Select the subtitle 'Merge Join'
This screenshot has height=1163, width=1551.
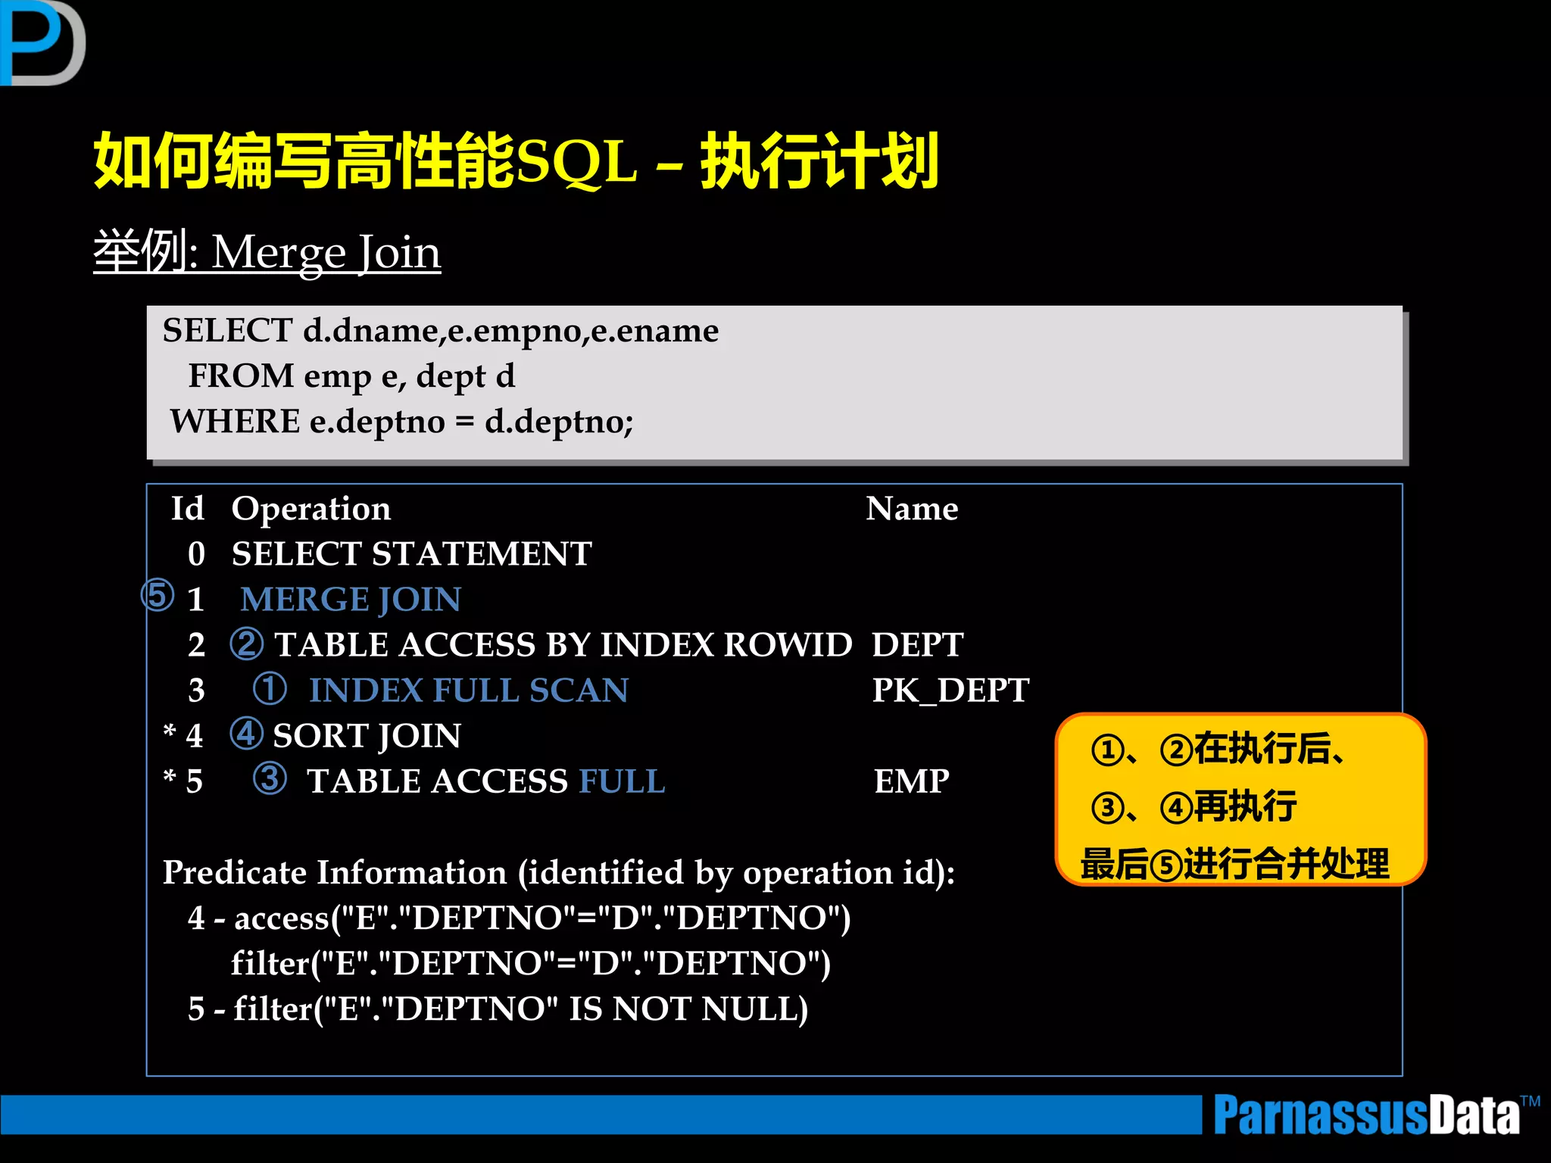[326, 252]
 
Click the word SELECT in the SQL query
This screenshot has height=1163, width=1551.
[227, 331]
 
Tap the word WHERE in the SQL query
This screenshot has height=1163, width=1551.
[235, 422]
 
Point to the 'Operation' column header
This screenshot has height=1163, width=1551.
[311, 509]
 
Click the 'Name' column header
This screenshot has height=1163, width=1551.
[912, 509]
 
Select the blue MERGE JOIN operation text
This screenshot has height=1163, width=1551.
[351, 600]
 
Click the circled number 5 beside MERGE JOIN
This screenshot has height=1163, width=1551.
[158, 595]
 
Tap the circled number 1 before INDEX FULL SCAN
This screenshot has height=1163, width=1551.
[270, 688]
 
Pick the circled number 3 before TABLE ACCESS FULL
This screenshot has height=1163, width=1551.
[270, 778]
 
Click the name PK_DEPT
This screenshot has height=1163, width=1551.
[950, 691]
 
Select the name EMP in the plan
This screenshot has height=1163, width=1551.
[911, 781]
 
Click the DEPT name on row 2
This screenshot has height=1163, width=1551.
[917, 645]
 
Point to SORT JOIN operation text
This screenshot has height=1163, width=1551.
[367, 736]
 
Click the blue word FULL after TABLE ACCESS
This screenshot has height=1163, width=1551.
[622, 781]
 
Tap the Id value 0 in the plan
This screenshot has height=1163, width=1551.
[196, 554]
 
